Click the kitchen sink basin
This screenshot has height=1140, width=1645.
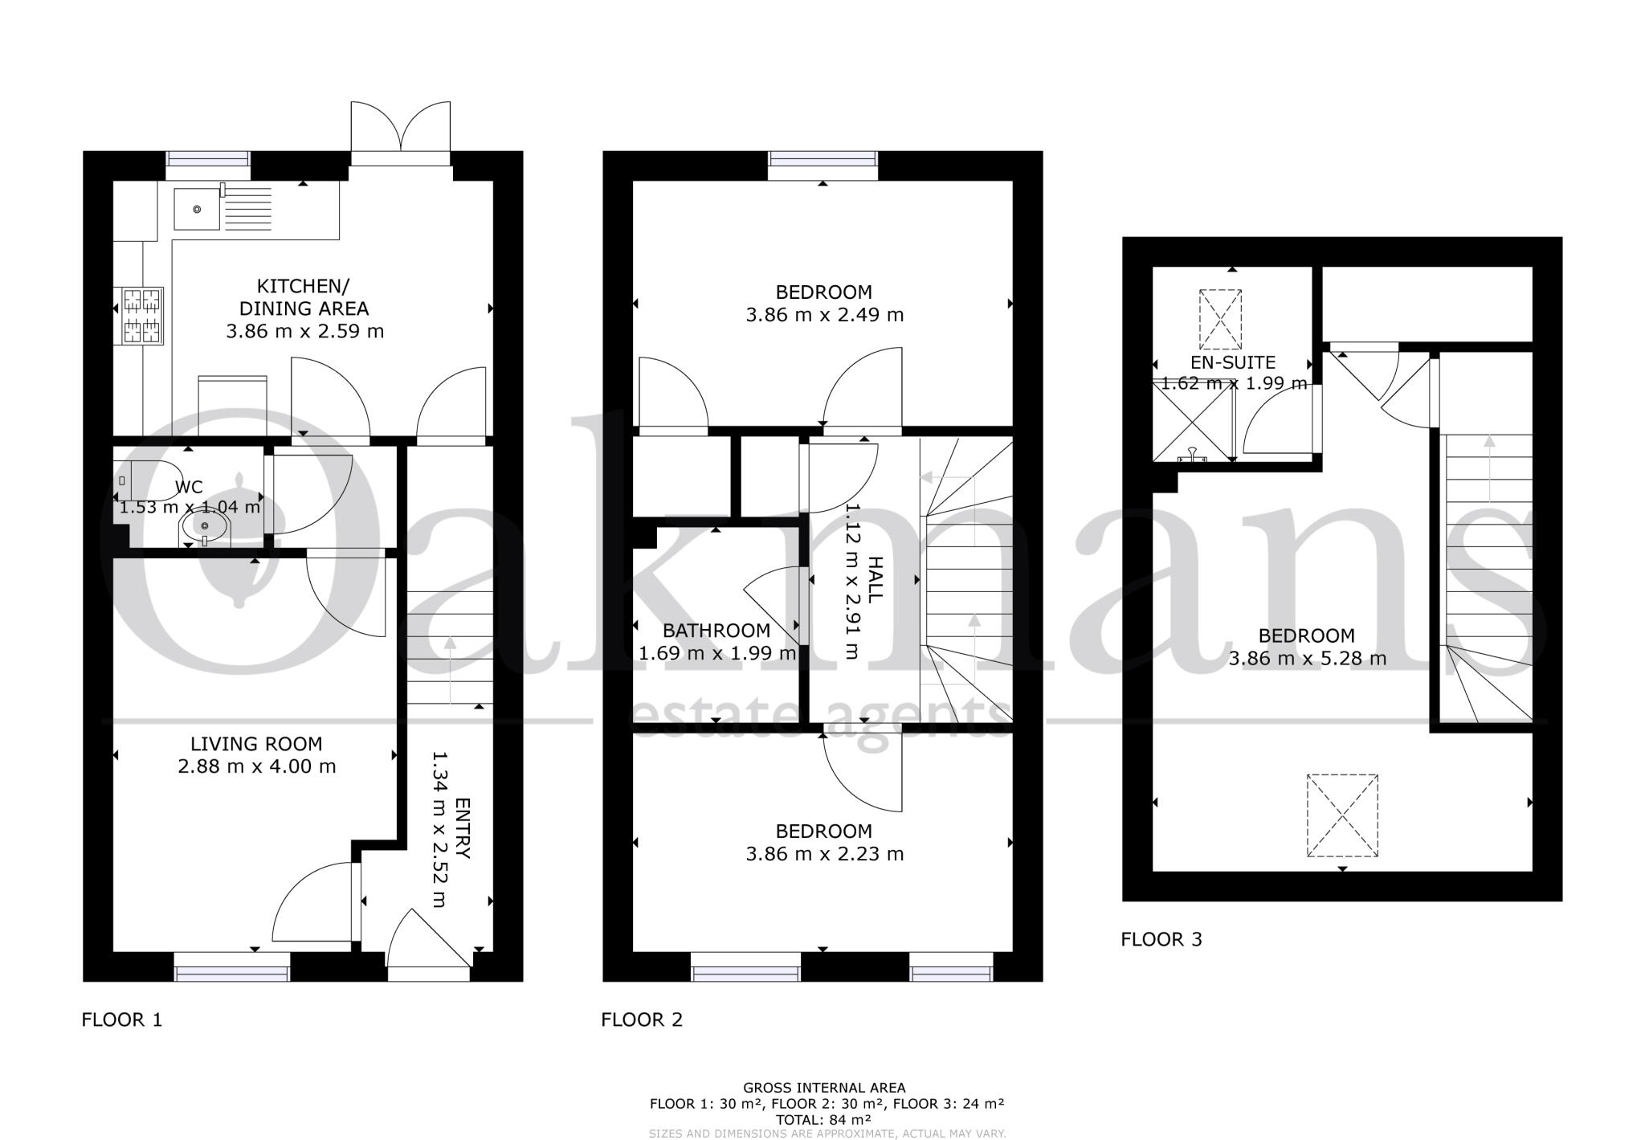tap(197, 209)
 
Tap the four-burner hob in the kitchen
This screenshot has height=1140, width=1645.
tap(142, 316)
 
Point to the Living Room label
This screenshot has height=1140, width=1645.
tap(256, 744)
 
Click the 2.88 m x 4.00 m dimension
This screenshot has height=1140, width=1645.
tap(256, 766)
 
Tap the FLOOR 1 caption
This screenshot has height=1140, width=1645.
tap(122, 1019)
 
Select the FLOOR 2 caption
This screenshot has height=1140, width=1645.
tap(642, 1019)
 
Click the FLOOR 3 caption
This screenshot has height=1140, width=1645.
tap(1161, 939)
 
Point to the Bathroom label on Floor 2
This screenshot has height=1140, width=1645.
tap(716, 631)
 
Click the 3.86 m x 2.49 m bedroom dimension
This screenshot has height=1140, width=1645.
tap(824, 315)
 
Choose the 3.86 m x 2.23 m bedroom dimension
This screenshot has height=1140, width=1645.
tap(824, 854)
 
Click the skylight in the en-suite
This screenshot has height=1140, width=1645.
tap(1220, 319)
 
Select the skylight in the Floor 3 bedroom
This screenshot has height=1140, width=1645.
tap(1342, 815)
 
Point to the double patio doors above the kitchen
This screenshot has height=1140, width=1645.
tap(401, 133)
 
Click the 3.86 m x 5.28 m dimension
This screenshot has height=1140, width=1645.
tap(1307, 659)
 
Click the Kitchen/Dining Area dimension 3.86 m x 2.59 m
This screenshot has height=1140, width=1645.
tap(304, 331)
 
